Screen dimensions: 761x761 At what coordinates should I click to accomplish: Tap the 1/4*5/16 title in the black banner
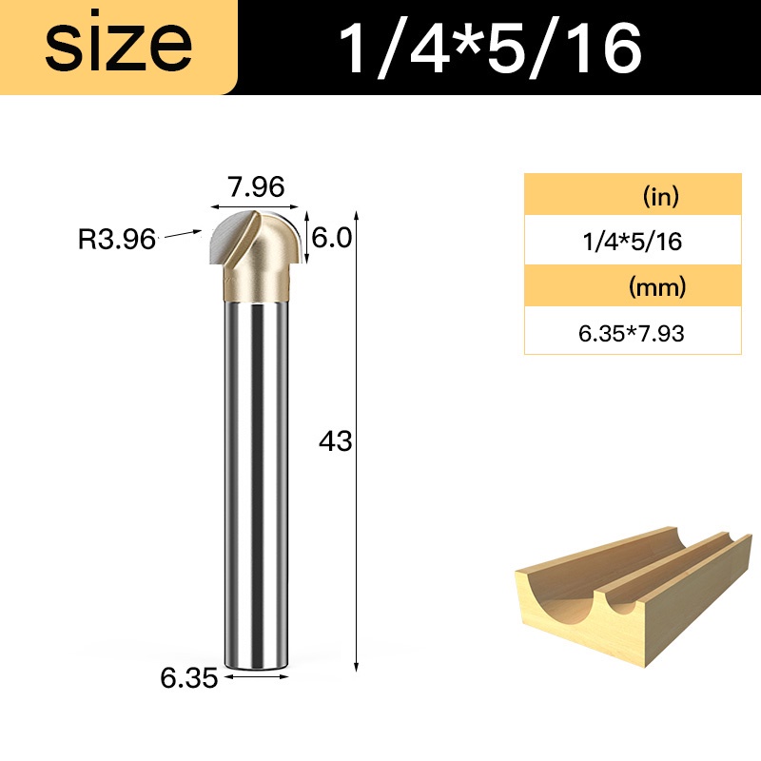pos(490,49)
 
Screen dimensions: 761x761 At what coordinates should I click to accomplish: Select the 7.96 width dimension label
pos(256,186)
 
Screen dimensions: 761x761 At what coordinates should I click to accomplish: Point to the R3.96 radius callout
pos(116,239)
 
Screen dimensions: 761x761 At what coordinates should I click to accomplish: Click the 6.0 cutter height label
pos(331,238)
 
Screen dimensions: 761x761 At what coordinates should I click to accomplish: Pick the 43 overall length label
pos(335,441)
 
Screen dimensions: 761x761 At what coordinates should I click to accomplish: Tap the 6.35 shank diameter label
pos(188,678)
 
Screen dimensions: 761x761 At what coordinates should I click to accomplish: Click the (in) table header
pos(660,196)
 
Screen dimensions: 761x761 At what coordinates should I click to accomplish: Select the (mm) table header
pos(657,287)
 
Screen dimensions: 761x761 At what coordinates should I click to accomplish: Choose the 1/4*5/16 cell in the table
pos(633,242)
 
